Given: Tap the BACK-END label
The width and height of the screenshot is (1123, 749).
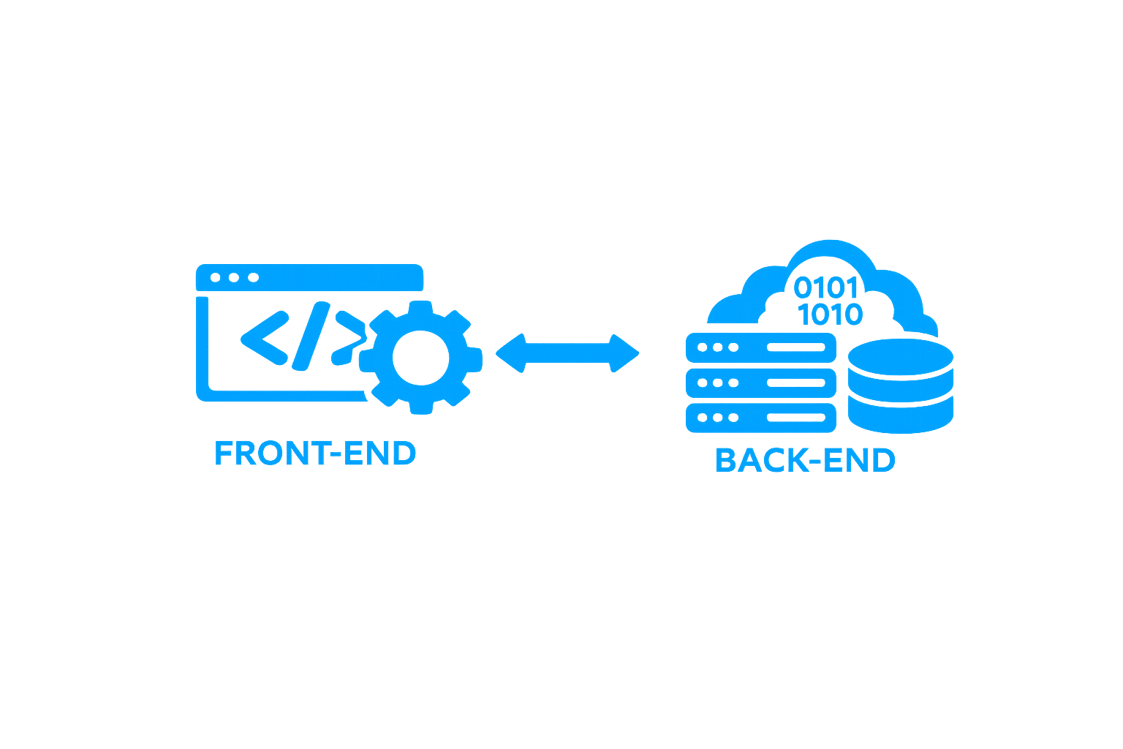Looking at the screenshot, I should pyautogui.click(x=804, y=462).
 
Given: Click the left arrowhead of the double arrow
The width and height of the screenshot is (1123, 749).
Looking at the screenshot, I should pyautogui.click(x=515, y=353).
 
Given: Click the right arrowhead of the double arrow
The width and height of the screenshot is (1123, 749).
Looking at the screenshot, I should pyautogui.click(x=626, y=353).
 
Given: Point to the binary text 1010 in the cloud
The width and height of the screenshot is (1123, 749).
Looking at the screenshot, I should pyautogui.click(x=832, y=316).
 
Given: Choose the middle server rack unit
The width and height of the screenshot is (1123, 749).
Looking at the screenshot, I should pyautogui.click(x=760, y=385).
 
